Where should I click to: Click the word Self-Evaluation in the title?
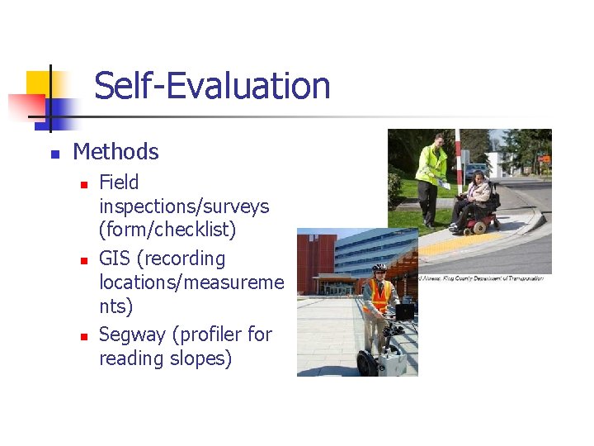point(212,86)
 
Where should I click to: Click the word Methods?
point(115,152)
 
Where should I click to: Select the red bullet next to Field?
point(83,184)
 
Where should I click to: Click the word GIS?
point(115,259)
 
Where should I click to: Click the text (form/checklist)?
point(168,229)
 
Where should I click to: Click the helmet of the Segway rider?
point(379,268)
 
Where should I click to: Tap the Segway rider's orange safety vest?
point(379,295)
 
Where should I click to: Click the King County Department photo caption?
point(482,278)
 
